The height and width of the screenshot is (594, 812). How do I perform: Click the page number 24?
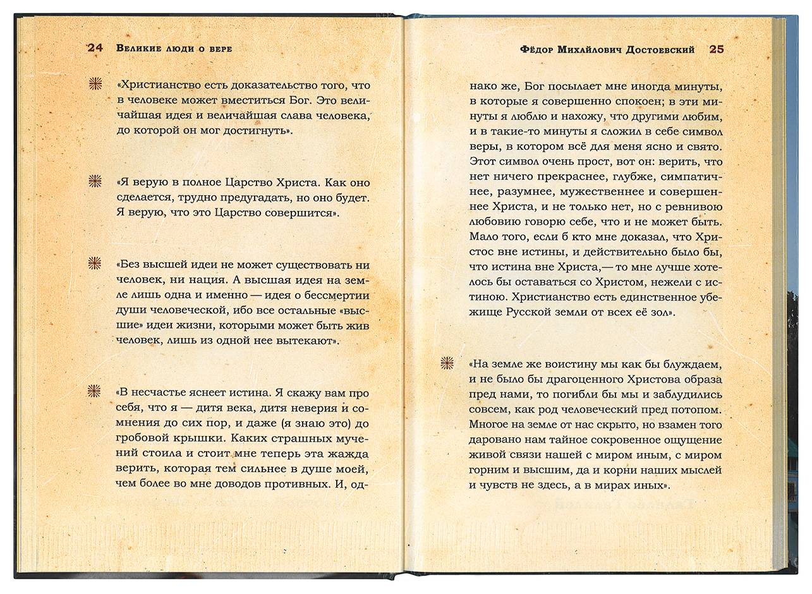[95, 49]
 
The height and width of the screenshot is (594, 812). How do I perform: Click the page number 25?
[717, 49]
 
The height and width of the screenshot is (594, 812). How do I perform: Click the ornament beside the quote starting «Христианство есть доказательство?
[95, 84]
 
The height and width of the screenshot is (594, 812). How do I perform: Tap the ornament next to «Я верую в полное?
[95, 181]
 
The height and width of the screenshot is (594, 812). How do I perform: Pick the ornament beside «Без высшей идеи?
[95, 263]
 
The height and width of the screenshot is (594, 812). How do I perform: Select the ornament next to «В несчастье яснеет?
[95, 391]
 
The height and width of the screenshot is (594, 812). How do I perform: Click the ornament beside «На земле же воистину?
[447, 363]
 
